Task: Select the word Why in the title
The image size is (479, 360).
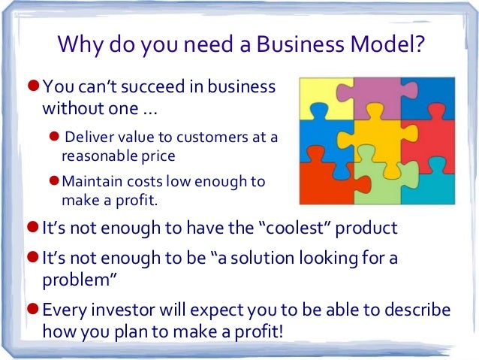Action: pos(79,47)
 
